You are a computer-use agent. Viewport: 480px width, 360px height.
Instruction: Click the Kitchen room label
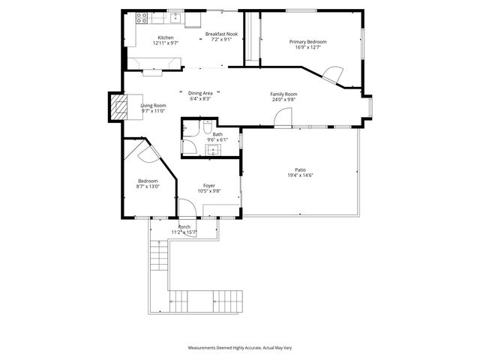pos(165,38)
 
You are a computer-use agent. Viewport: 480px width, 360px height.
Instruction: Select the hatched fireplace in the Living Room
pos(118,108)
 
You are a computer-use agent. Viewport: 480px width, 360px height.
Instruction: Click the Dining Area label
pos(200,92)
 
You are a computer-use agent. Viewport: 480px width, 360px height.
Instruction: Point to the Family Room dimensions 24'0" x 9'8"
pos(284,99)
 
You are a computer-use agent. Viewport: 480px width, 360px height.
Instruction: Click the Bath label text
pos(217,134)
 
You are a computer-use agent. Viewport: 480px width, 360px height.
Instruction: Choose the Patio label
pos(300,170)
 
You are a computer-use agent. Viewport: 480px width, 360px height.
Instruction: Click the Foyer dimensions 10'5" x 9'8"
pos(209,190)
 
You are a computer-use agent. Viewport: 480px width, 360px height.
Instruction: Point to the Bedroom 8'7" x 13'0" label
pos(148,184)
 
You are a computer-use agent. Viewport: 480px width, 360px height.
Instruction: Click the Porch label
pos(184,226)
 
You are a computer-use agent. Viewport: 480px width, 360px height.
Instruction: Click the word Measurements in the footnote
pos(205,348)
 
